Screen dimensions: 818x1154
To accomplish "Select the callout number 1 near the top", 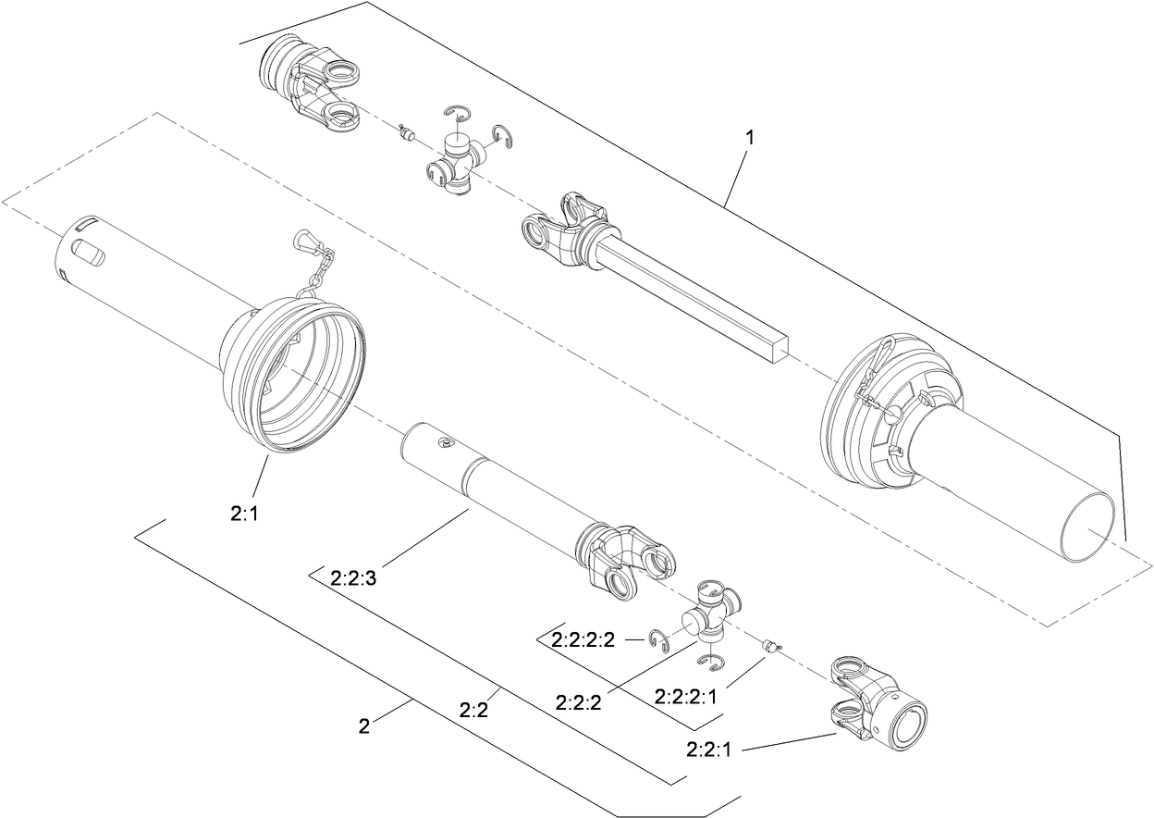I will coord(750,137).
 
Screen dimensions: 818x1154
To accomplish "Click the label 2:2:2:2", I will coord(583,639).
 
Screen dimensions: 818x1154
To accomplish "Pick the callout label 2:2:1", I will coord(707,749).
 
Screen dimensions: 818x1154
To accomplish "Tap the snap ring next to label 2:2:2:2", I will coord(660,639).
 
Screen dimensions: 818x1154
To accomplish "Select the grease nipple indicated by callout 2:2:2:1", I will coord(771,646).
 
